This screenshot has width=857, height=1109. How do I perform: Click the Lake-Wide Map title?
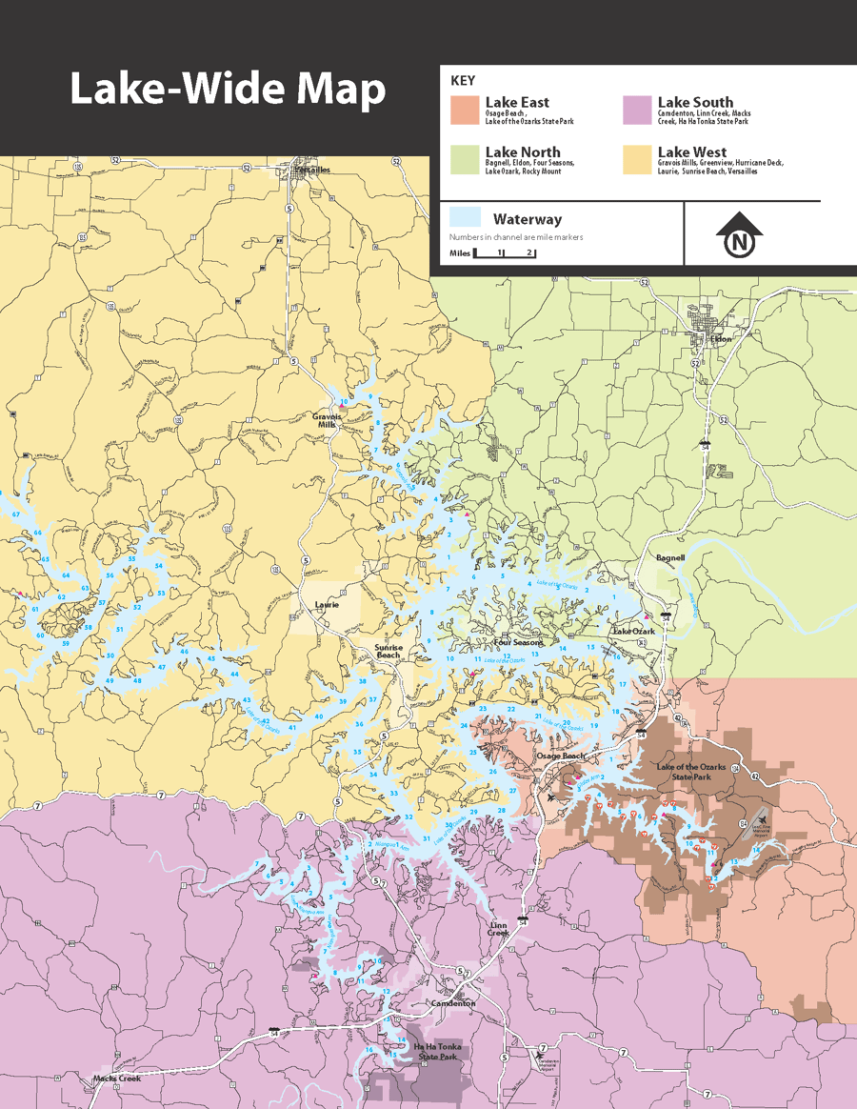point(228,90)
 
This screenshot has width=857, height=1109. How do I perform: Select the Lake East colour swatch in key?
point(464,110)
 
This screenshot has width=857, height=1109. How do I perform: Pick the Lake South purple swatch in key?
point(636,110)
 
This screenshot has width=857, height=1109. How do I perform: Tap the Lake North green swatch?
point(464,159)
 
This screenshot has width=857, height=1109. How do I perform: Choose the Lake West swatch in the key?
point(636,159)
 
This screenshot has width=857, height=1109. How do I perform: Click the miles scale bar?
point(505,254)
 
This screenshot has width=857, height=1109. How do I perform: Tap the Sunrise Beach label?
point(389,652)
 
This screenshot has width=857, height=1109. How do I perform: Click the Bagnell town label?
point(670,557)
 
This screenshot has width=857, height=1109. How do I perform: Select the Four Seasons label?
point(518,642)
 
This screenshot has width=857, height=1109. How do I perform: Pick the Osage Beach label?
point(560,756)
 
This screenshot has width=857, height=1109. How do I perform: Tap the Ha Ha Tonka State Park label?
point(435,1052)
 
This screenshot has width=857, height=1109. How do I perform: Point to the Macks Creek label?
point(116,1079)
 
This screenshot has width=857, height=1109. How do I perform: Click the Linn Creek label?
point(499,928)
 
